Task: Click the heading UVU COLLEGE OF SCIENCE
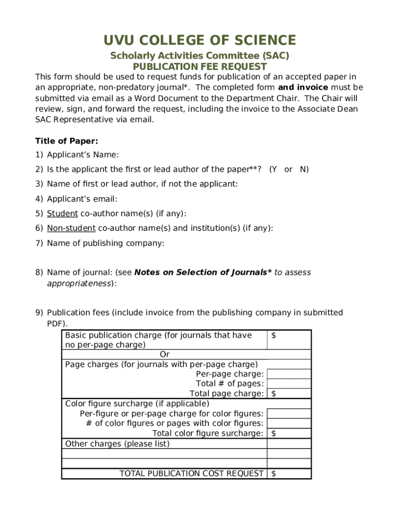tap(199, 40)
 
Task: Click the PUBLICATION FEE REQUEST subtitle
tap(199, 67)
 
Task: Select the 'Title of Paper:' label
tap(66, 141)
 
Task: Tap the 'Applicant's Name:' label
tap(83, 155)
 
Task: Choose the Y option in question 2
tap(274, 169)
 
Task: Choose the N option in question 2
tap(304, 169)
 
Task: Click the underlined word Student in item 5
tap(62, 214)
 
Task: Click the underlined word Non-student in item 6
tap(71, 228)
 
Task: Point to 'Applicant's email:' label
tap(82, 199)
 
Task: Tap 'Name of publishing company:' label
tap(105, 243)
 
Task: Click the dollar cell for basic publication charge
tap(289, 340)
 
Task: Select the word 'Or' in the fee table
tap(165, 354)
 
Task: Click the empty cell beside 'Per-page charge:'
tap(289, 374)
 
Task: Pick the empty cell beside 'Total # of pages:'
tap(289, 384)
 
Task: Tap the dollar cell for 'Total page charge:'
tap(289, 394)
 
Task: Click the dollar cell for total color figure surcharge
tap(289, 434)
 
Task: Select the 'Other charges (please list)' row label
tap(117, 444)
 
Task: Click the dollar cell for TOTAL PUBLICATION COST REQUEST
tap(289, 473)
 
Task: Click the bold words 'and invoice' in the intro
tap(303, 87)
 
